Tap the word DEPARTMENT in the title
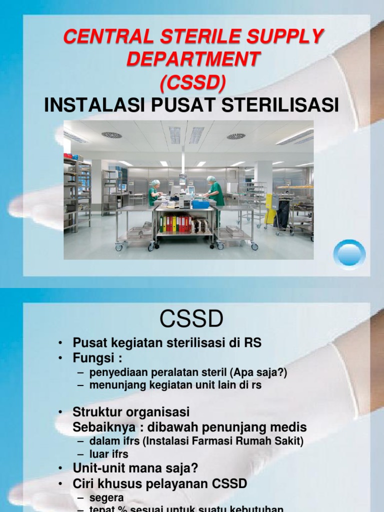tap(192, 59)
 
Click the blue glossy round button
tap(349, 255)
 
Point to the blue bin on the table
tap(201, 203)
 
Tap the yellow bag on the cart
tap(270, 209)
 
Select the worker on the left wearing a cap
tap(154, 192)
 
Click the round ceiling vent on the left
tap(111, 135)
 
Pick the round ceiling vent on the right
tap(236, 136)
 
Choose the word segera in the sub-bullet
tap(106, 498)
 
